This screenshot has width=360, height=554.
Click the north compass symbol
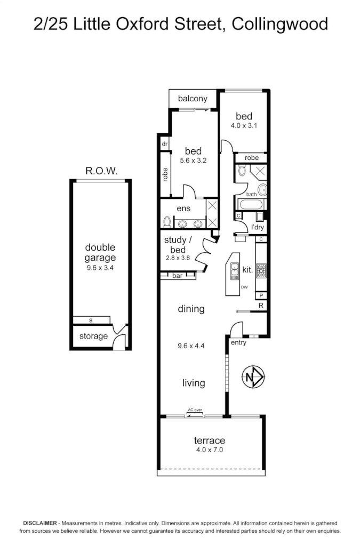254,378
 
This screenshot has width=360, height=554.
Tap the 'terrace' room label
209,440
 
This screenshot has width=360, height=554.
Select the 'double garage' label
100,253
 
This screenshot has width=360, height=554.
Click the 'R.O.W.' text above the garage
101,171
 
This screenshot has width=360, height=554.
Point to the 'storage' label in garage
93,336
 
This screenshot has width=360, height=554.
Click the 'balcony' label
193,99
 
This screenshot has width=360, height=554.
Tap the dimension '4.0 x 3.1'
244,126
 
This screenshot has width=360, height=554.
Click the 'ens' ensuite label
183,208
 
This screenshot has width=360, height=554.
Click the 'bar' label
177,276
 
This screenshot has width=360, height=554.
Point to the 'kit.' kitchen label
247,270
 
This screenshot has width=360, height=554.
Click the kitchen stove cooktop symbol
261,270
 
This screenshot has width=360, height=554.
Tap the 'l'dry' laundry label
258,228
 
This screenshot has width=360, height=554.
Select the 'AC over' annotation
194,410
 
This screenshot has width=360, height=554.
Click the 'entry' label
238,342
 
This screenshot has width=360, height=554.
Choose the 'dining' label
191,309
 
